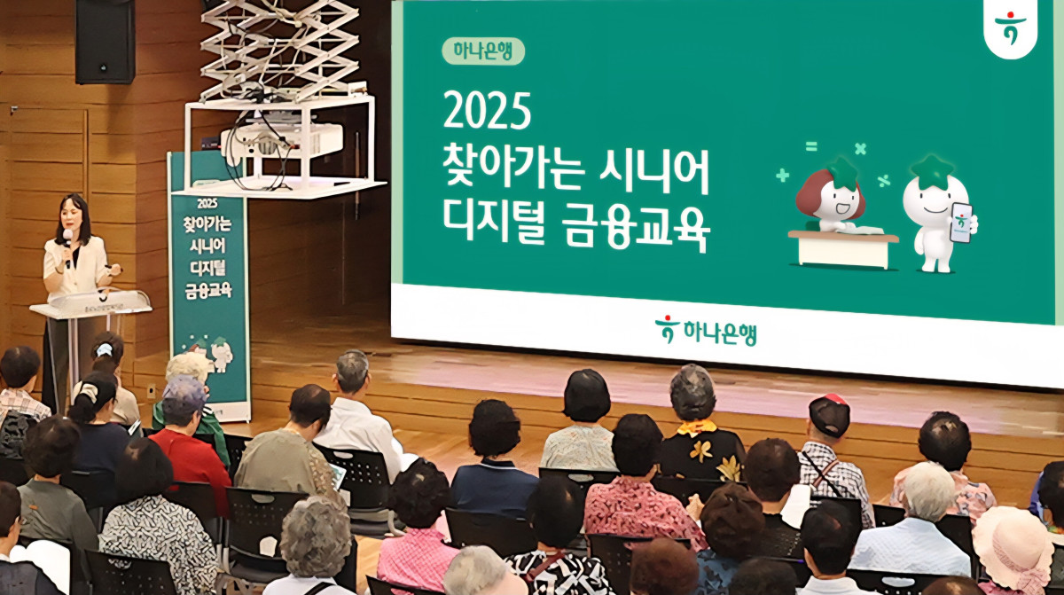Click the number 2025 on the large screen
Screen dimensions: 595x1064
click(487, 112)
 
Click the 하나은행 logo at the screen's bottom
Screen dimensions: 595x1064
click(706, 332)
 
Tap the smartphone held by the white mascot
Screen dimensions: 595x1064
click(961, 223)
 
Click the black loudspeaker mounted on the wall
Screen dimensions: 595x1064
click(106, 40)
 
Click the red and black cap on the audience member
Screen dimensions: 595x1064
click(829, 412)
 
